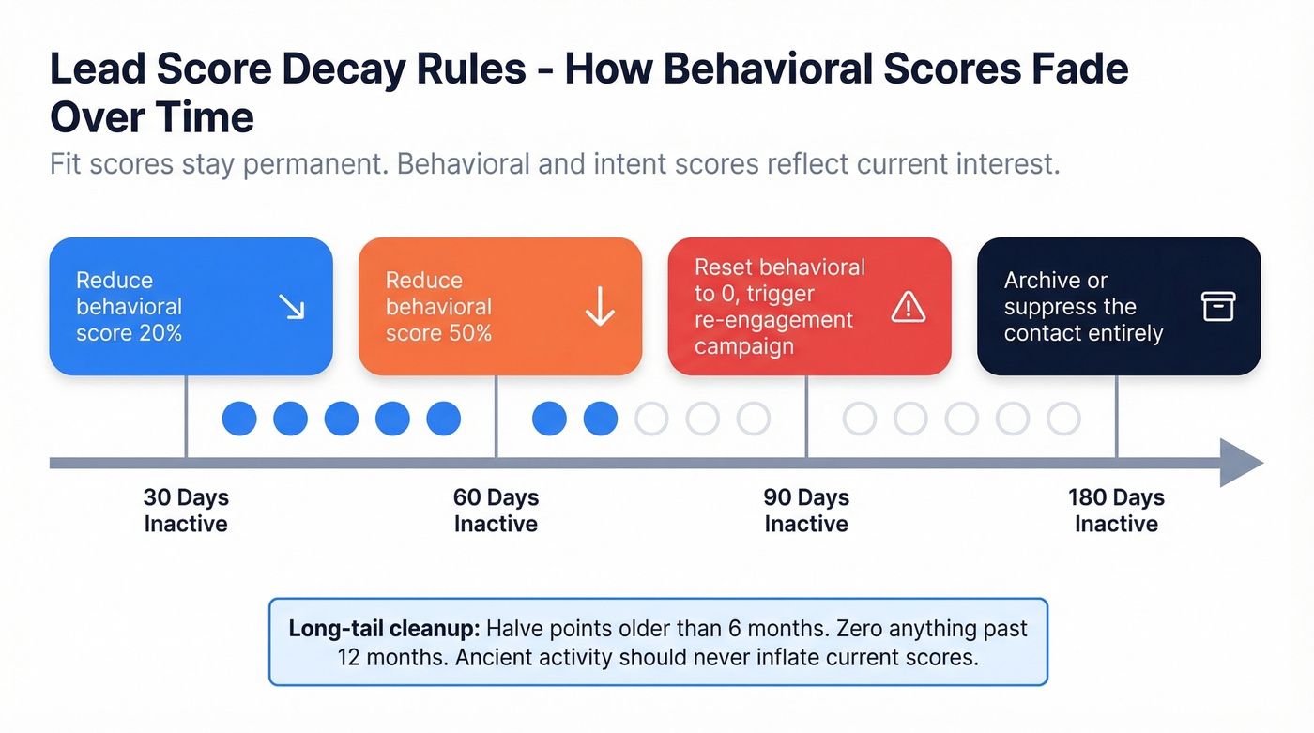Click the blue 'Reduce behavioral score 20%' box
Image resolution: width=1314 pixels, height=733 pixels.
pyautogui.click(x=191, y=306)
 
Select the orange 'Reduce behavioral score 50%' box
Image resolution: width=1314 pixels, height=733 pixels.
pyautogui.click(x=500, y=306)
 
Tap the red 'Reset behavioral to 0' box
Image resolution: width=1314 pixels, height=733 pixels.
pyautogui.click(x=809, y=306)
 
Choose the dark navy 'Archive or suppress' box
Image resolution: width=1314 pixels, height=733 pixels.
pyautogui.click(x=1119, y=306)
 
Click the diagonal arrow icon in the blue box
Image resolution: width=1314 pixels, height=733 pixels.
pyautogui.click(x=292, y=307)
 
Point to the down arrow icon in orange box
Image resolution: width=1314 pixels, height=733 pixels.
pyautogui.click(x=600, y=307)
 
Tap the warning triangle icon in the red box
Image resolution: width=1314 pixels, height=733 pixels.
pyautogui.click(x=909, y=307)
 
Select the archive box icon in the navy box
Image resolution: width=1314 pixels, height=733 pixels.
pyautogui.click(x=1218, y=307)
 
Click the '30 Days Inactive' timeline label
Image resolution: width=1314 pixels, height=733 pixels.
pyautogui.click(x=186, y=511)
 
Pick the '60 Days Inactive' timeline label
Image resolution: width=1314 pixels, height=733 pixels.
pyautogui.click(x=496, y=511)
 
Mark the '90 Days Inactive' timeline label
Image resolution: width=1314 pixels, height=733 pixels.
pyautogui.click(x=806, y=511)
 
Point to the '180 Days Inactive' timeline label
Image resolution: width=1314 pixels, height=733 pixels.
pyautogui.click(x=1116, y=511)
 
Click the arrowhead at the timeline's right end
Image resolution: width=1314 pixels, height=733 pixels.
pyautogui.click(x=1241, y=463)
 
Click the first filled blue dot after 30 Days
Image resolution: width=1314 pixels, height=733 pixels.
pyautogui.click(x=239, y=419)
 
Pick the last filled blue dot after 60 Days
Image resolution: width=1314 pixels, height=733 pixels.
pyautogui.click(x=601, y=419)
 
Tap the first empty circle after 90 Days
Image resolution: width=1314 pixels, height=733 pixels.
pyautogui.click(x=859, y=419)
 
